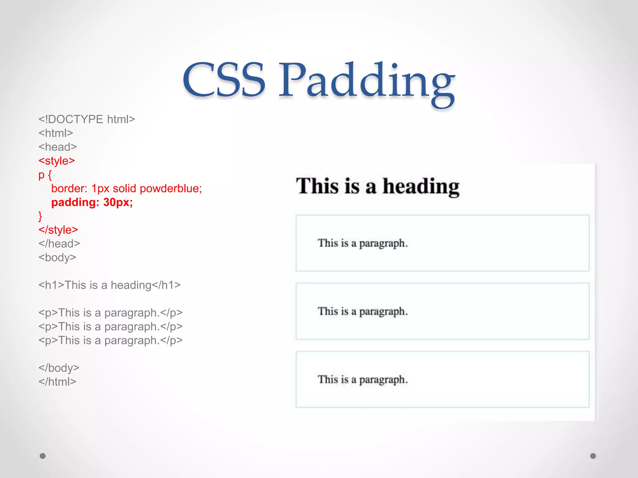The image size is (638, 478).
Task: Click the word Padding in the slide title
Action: tap(367, 82)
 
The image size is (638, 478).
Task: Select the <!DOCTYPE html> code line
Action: tap(87, 119)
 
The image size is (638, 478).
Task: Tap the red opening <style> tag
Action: tap(57, 161)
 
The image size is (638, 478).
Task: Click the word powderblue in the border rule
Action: tap(171, 189)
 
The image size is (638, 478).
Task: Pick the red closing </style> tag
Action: tap(58, 230)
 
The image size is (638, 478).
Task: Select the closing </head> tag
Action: tap(59, 244)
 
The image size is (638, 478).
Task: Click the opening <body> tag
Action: tap(57, 257)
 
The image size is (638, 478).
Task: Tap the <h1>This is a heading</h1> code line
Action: tap(109, 285)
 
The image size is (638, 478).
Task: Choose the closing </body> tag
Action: tap(59, 368)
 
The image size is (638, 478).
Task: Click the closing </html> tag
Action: tap(57, 382)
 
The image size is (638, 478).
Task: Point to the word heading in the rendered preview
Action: tap(421, 187)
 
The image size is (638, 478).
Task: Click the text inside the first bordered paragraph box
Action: tap(363, 243)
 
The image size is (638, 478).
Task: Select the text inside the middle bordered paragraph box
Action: tap(363, 311)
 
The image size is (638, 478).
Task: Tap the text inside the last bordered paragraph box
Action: tap(363, 379)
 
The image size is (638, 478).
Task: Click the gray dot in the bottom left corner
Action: tap(43, 456)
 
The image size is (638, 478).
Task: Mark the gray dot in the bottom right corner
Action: tap(593, 456)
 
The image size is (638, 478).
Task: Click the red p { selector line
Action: tap(45, 175)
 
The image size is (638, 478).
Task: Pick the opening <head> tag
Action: tap(58, 147)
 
